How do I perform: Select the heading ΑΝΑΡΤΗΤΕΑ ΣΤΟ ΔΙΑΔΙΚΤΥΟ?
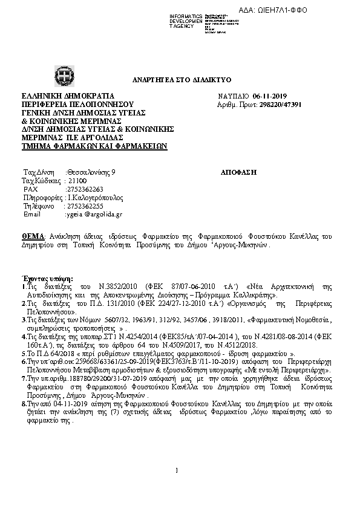pyautogui.click(x=182, y=80)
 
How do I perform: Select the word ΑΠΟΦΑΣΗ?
pyautogui.click(x=240, y=172)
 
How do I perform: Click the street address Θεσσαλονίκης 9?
pyautogui.click(x=91, y=172)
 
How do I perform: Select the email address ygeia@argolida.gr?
pyautogui.click(x=94, y=214)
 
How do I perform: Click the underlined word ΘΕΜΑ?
pyautogui.click(x=33, y=236)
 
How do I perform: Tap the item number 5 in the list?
pyautogui.click(x=23, y=352)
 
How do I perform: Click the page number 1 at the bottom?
pyautogui.click(x=176, y=487)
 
